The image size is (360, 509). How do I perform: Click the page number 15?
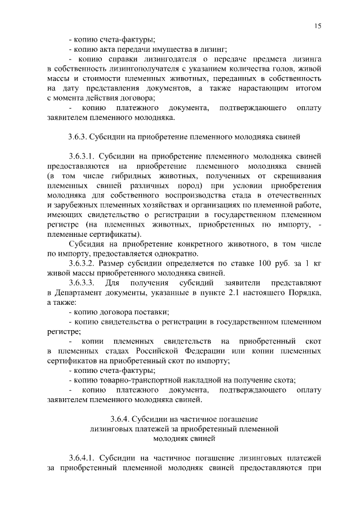coord(317,26)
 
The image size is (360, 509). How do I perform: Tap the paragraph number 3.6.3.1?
coord(83,156)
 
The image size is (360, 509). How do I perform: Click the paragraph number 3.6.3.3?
coord(83,283)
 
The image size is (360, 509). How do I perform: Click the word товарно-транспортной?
coord(140,380)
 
